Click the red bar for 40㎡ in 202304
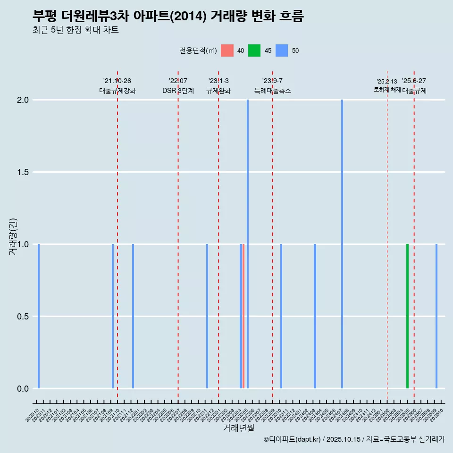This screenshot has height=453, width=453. pyautogui.click(x=243, y=316)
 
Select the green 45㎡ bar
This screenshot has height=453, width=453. pyautogui.click(x=407, y=316)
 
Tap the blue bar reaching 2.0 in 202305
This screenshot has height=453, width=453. pyautogui.click(x=248, y=245)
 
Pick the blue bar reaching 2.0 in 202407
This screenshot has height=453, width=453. pyautogui.click(x=342, y=245)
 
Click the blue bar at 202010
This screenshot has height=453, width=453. pyautogui.click(x=39, y=316)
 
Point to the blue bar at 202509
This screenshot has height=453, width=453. pyautogui.click(x=436, y=316)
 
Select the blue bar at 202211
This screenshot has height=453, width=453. pyautogui.click(x=207, y=316)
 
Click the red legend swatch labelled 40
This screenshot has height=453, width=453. pyautogui.click(x=227, y=50)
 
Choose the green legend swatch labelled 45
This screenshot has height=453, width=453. pyautogui.click(x=254, y=50)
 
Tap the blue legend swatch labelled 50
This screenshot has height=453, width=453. pyautogui.click(x=282, y=50)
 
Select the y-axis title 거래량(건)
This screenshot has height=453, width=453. pyautogui.click(x=13, y=236)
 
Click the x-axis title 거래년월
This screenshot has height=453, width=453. pyautogui.click(x=238, y=428)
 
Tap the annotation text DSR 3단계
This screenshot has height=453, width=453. pyautogui.click(x=178, y=91)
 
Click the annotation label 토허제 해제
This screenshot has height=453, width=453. pyautogui.click(x=387, y=90)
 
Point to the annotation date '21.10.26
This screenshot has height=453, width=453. pyautogui.click(x=117, y=81)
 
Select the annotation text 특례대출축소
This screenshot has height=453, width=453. pyautogui.click(x=273, y=91)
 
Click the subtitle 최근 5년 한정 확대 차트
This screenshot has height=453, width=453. pyautogui.click(x=75, y=30)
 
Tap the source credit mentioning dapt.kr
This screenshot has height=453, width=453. pyautogui.click(x=354, y=439)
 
